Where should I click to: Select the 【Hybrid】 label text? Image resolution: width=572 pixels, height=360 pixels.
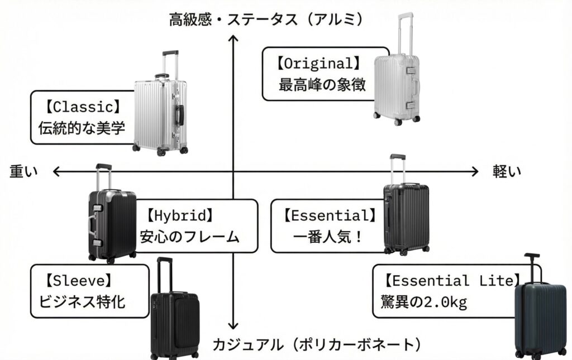click(x=180, y=215)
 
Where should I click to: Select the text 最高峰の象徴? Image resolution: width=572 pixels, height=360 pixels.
click(x=322, y=85)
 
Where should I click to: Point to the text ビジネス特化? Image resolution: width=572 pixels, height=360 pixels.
click(x=82, y=302)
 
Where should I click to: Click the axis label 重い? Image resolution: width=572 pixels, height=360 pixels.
click(x=23, y=172)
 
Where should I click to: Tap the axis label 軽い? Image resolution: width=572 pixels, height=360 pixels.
click(x=506, y=172)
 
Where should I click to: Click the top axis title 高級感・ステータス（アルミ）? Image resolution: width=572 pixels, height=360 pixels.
click(x=267, y=21)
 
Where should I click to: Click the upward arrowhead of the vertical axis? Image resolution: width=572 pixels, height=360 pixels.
click(x=235, y=40)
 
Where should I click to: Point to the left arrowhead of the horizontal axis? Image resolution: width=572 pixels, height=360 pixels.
click(x=56, y=171)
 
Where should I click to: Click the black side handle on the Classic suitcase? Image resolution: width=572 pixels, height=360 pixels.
click(x=180, y=114)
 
